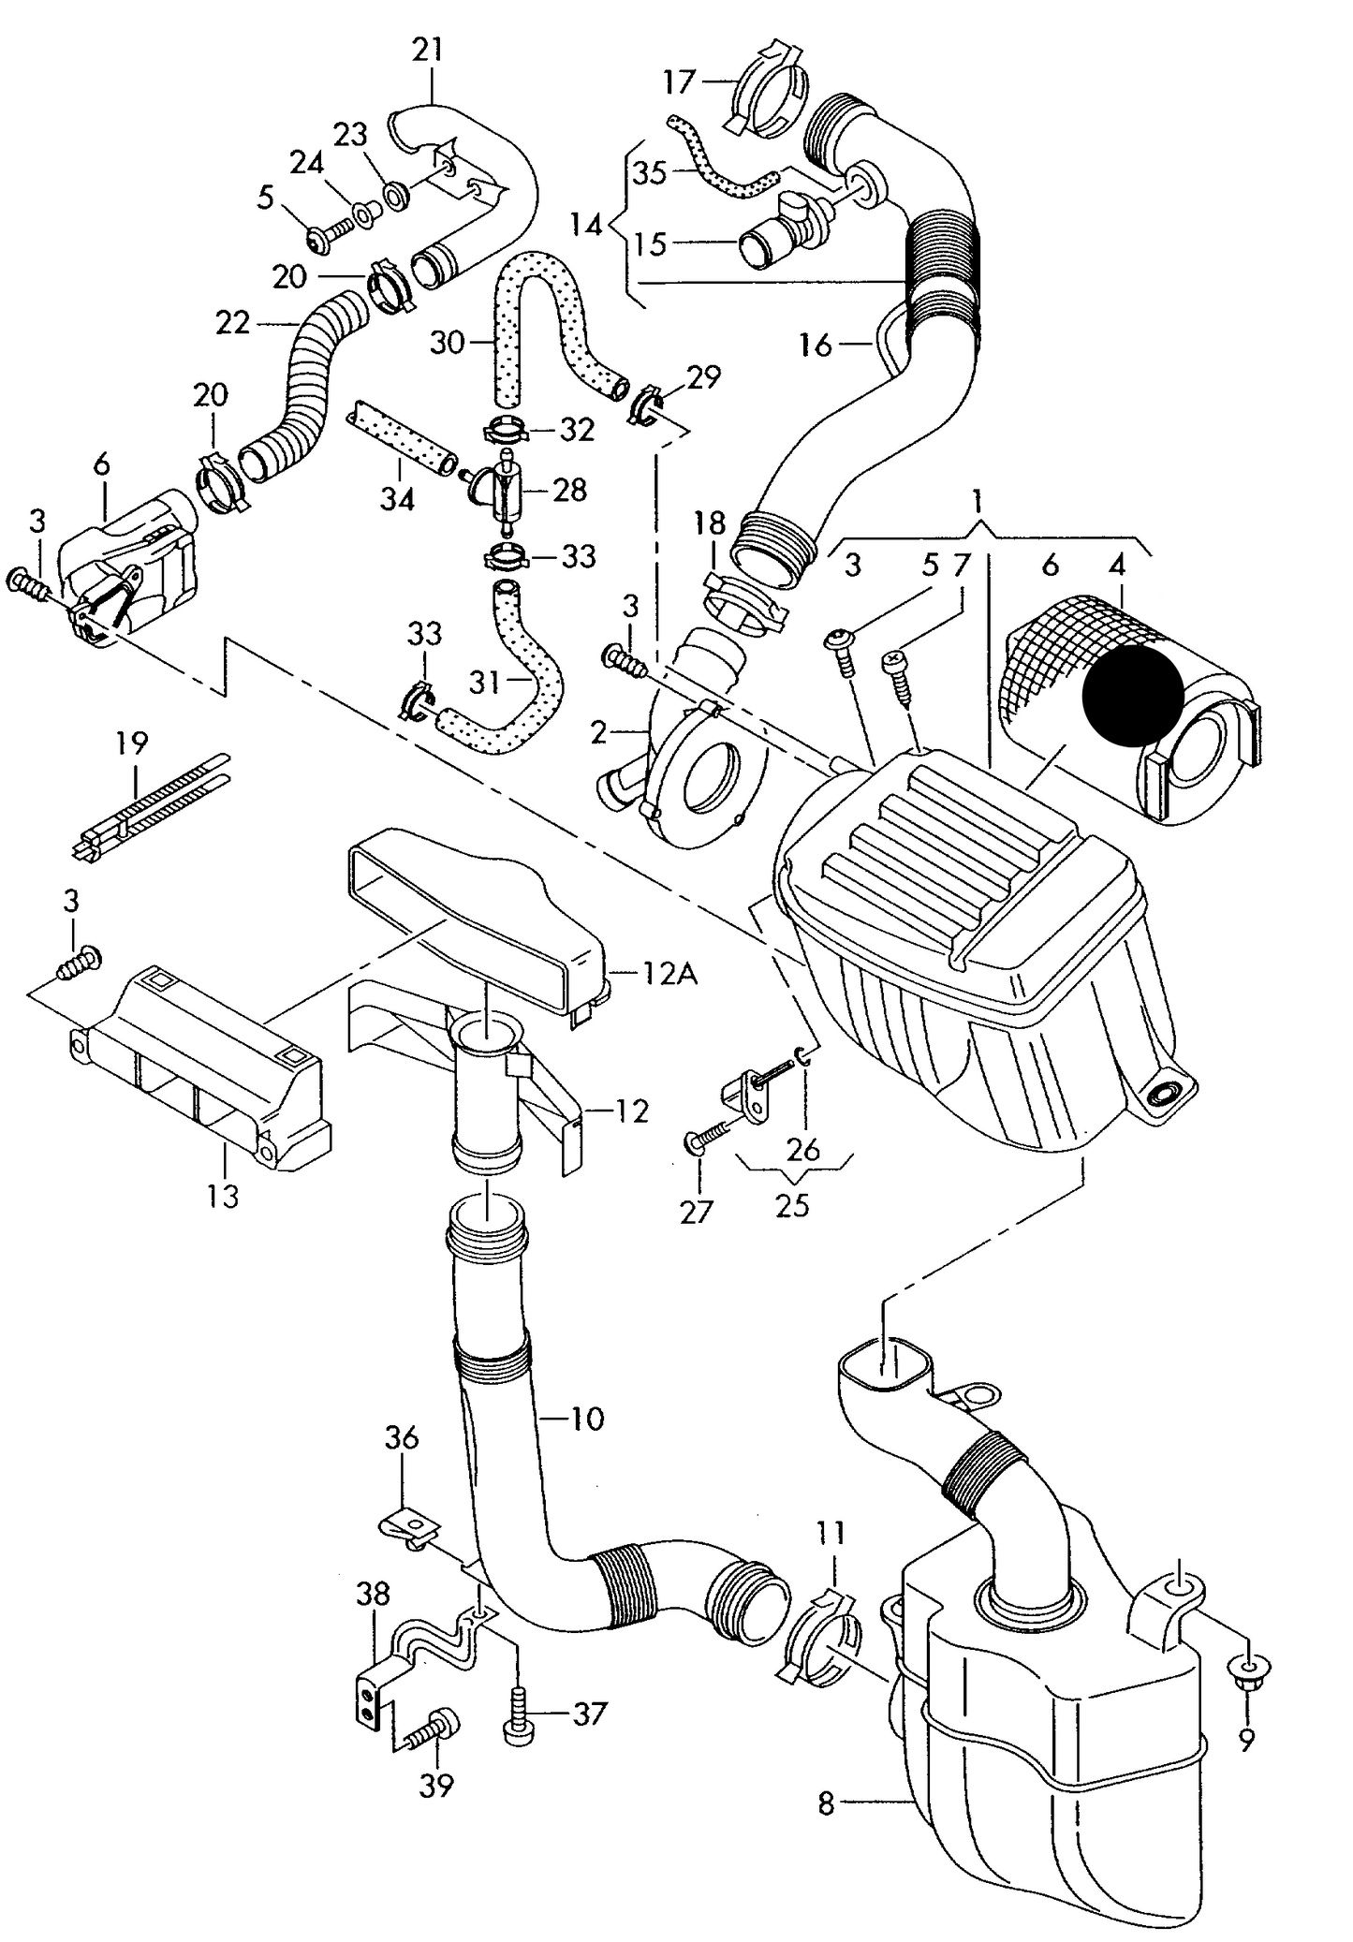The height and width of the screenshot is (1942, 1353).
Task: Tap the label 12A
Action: [x=669, y=975]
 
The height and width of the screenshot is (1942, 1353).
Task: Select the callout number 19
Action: [x=132, y=743]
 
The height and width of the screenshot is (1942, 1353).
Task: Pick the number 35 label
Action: [x=648, y=173]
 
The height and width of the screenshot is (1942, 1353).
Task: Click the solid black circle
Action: [x=1133, y=697]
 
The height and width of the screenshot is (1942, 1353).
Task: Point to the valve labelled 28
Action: [x=501, y=493]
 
